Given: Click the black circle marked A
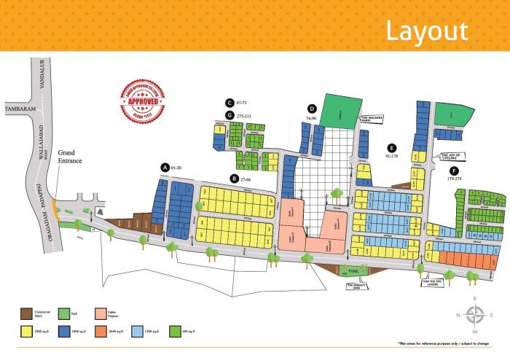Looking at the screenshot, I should tap(165, 168).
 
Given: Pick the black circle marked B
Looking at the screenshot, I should tap(234, 178).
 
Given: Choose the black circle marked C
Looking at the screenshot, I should tap(229, 103).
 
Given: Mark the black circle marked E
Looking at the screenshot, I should tap(391, 146).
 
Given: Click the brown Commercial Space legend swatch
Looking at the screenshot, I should tap(26, 313).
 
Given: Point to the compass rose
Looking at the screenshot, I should tap(475, 316).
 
